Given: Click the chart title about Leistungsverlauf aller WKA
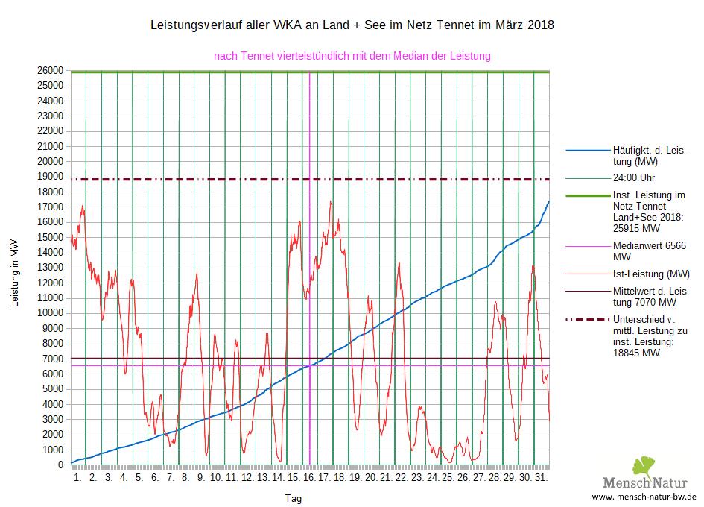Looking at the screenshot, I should click(x=352, y=25).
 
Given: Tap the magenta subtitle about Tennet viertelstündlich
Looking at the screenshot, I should click(x=352, y=56).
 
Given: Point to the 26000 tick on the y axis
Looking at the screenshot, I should click(x=51, y=70).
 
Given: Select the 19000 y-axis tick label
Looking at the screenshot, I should click(x=51, y=177).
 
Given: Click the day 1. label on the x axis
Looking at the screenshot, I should click(x=77, y=476).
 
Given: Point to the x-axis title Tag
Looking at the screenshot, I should click(x=295, y=497).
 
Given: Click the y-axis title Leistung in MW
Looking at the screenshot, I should click(x=15, y=274).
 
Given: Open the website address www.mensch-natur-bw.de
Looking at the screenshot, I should click(x=644, y=497).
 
